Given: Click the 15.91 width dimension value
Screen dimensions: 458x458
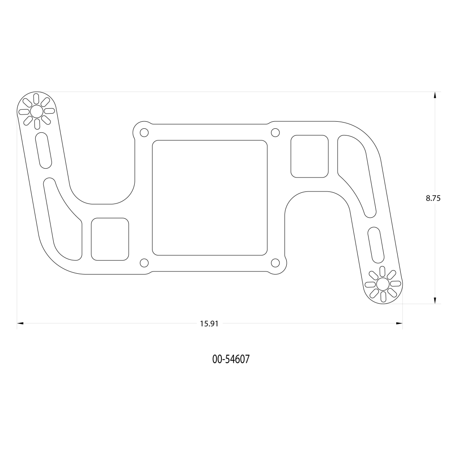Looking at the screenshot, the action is (209, 324).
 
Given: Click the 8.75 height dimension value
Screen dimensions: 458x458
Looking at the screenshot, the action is (433, 198).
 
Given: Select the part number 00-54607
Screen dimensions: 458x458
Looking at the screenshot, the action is (231, 359).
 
